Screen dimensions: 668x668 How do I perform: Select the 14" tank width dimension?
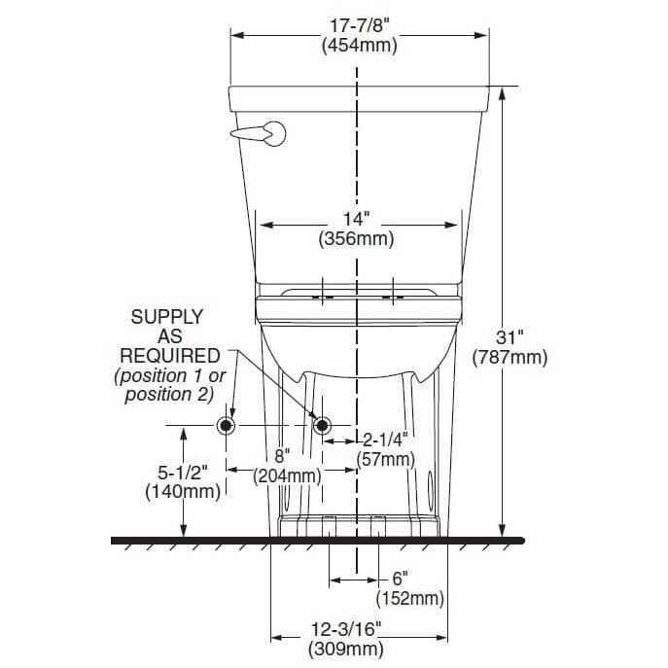356,221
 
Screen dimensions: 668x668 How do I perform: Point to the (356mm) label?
356,240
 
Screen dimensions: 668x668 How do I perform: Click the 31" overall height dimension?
510,337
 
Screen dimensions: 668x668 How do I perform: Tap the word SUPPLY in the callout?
167,317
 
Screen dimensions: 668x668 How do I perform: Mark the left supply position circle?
226,426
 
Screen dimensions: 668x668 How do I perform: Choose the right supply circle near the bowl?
319,426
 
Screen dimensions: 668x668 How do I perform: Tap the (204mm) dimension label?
287,476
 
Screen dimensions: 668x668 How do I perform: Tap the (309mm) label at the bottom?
345,649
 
